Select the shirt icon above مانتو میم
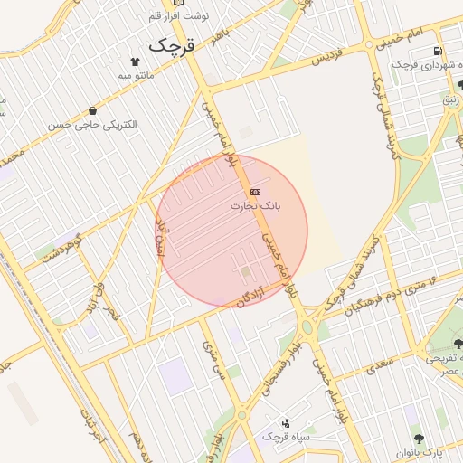pos(136,61)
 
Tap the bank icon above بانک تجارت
pos(255,192)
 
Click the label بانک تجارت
pos(255,206)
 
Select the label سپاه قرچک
pos(286,437)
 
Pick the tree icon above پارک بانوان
pos(415,437)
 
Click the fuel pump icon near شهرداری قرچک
pos(439,52)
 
